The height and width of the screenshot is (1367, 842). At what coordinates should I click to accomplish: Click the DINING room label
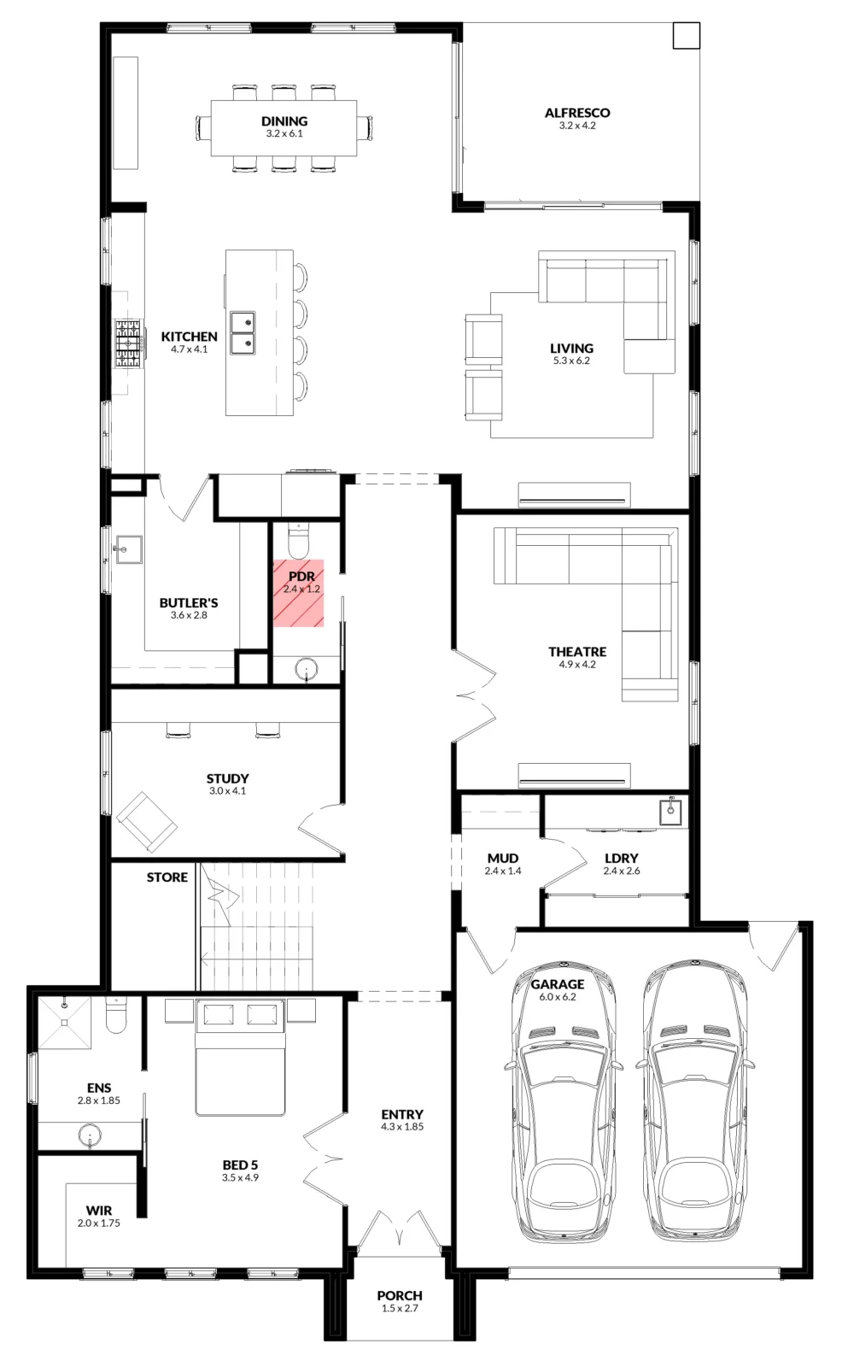[x=284, y=120]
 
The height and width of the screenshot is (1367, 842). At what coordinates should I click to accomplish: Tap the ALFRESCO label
[x=577, y=113]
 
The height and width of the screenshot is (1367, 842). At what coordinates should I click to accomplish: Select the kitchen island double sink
[x=243, y=333]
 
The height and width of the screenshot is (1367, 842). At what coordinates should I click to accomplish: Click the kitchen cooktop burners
[x=129, y=344]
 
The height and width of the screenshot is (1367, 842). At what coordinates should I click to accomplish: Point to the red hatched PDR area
[x=298, y=593]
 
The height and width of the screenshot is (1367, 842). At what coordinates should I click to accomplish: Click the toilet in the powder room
[x=299, y=540]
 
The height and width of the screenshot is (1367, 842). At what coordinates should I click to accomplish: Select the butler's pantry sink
[x=127, y=550]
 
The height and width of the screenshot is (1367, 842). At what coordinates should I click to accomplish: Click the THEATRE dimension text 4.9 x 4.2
[x=577, y=665]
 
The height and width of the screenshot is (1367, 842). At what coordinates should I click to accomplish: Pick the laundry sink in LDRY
[x=670, y=811]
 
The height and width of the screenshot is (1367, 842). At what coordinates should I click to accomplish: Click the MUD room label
[x=503, y=859]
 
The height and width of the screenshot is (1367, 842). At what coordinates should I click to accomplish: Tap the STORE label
[x=167, y=877]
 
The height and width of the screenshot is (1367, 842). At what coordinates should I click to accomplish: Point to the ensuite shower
[x=64, y=1022]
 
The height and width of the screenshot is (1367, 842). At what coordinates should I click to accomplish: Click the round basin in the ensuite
[x=90, y=1135]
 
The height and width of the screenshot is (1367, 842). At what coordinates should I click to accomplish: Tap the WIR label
[x=99, y=1210]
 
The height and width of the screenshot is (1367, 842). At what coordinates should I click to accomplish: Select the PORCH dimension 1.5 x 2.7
[x=400, y=1308]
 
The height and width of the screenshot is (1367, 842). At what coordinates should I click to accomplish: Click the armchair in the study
[x=147, y=822]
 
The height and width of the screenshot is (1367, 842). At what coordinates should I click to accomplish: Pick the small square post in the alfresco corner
[x=686, y=36]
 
